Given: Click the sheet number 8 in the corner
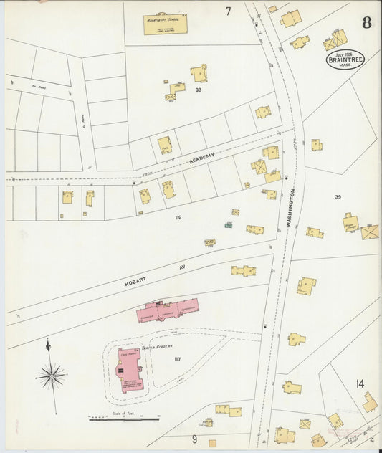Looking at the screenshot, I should pyautogui.click(x=366, y=22).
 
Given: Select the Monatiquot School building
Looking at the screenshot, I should pyautogui.click(x=166, y=24).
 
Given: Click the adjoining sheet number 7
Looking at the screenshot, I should pyautogui.click(x=228, y=11).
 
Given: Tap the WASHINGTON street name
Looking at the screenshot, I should pyautogui.click(x=292, y=208).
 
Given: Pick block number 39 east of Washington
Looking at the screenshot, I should pyautogui.click(x=337, y=196).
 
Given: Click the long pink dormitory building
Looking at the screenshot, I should pyautogui.click(x=168, y=310).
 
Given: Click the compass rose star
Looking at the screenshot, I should pyautogui.click(x=52, y=374).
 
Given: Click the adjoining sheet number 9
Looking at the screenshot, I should pyautogui.click(x=194, y=439).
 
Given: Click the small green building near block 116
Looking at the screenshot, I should pyautogui.click(x=228, y=226).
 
